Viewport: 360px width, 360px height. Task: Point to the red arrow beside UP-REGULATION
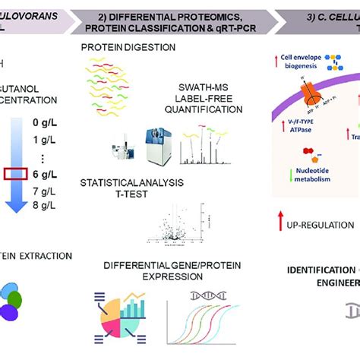[282, 225]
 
